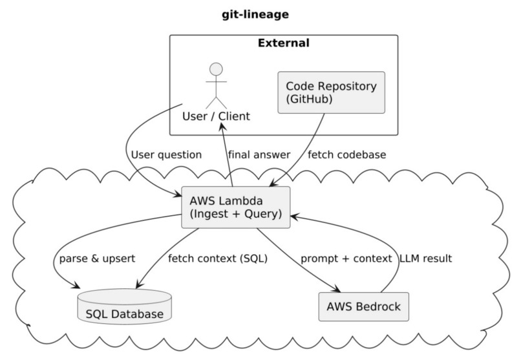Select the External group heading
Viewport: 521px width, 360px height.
click(283, 44)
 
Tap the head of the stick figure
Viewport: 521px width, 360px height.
click(216, 69)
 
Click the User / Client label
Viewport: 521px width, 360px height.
click(216, 116)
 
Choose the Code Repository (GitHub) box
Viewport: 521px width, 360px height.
click(331, 92)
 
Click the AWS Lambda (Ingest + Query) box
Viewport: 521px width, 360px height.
click(235, 207)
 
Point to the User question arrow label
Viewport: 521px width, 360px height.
click(165, 155)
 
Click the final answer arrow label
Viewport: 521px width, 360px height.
click(259, 155)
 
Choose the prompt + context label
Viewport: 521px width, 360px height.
click(346, 259)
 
